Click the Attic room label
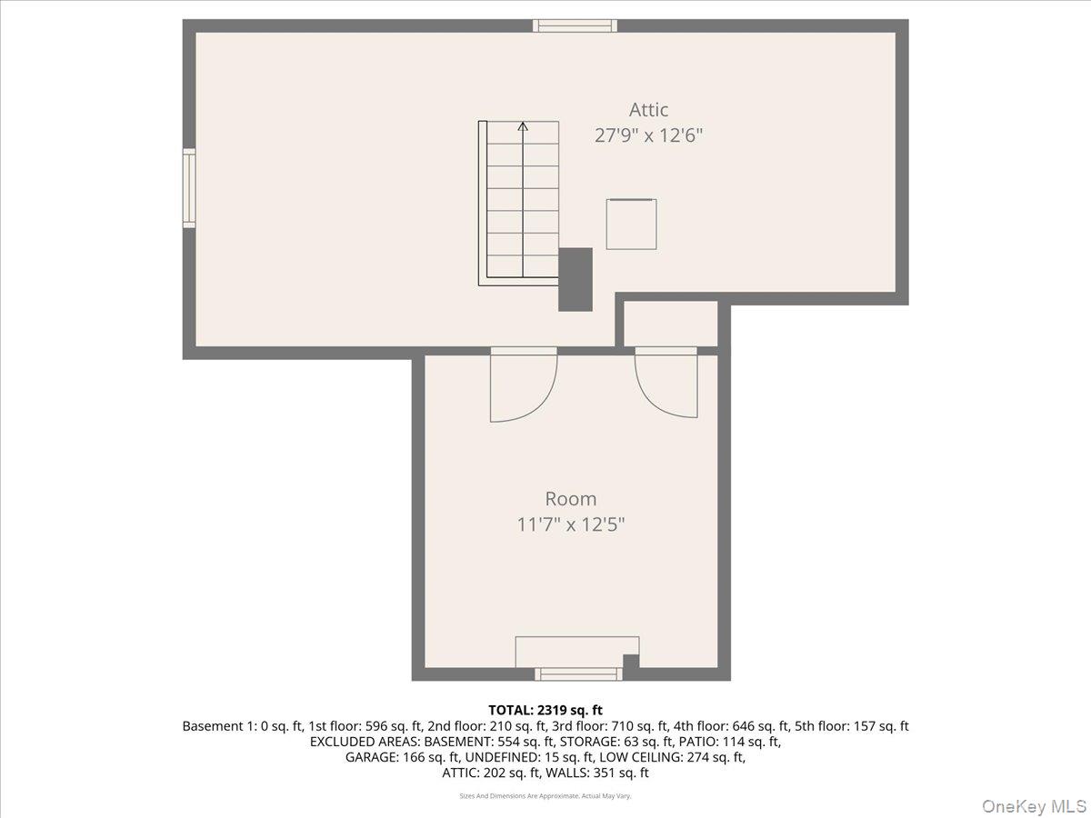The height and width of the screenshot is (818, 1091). click(648, 110)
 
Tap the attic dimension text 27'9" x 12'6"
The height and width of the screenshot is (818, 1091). click(648, 136)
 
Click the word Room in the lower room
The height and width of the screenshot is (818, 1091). click(571, 499)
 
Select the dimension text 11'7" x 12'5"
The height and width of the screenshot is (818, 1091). click(571, 524)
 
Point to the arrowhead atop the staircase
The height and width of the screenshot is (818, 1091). click(523, 125)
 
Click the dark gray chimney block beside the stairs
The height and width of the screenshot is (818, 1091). click(575, 280)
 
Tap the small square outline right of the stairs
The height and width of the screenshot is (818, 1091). click(631, 224)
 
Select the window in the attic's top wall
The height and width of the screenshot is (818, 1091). click(575, 25)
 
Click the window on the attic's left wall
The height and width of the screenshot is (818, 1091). click(189, 188)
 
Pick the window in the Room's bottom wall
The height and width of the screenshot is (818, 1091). click(578, 673)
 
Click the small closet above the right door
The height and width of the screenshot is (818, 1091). click(671, 324)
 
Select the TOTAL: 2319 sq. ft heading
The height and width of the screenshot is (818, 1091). click(545, 710)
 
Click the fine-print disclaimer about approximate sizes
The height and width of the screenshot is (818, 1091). click(545, 796)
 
